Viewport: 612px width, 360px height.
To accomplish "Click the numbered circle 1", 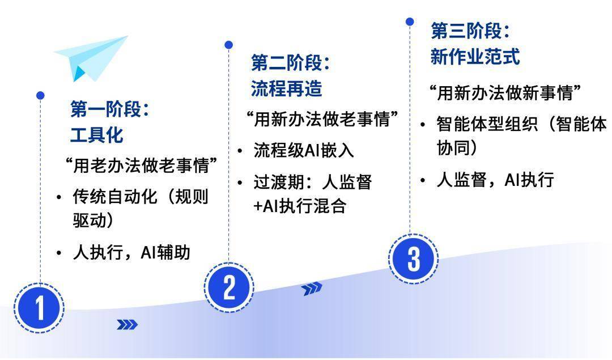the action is point(40,308).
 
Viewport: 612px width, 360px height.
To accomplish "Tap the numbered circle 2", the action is point(229,288).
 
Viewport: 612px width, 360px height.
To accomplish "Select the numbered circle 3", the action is point(413,259).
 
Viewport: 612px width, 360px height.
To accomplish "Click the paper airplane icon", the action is point(91,58).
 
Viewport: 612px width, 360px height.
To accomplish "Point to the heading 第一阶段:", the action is point(110,109).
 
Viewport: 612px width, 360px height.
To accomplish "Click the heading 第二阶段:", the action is point(290,62).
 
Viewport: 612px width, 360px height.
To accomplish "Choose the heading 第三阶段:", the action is point(470,31).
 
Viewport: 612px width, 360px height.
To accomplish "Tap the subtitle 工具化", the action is point(97,135).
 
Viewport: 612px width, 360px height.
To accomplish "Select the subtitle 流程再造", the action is point(287,88).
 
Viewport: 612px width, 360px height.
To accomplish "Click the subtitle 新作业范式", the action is point(475,57).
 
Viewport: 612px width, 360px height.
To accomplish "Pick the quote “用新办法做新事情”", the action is point(505,93).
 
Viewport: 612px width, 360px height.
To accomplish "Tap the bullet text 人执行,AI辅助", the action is point(131,252).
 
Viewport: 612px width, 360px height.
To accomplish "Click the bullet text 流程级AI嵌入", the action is point(304,150).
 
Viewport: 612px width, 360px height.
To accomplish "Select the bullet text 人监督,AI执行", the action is point(495,180).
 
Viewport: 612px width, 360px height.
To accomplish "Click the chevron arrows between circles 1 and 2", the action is point(127,324).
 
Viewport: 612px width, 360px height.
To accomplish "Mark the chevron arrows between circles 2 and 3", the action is point(312,289).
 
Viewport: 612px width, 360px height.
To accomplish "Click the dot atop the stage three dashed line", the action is point(410,22).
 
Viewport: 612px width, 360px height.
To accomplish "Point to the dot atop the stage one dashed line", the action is point(40,95).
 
